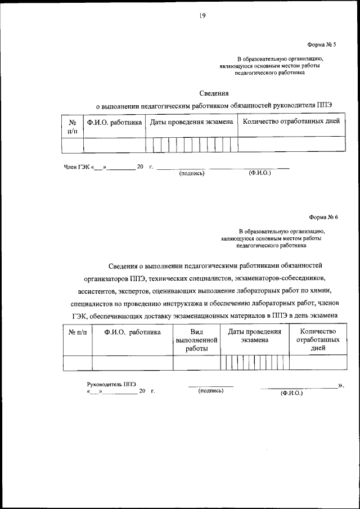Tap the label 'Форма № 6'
[x=322, y=217]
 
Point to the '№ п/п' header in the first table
[x=72, y=126]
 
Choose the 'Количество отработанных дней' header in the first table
[x=291, y=121]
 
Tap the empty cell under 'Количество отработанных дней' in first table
[x=291, y=145]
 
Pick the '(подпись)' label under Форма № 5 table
[x=191, y=174]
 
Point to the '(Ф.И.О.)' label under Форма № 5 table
[x=259, y=174]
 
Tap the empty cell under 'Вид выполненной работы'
[x=196, y=363]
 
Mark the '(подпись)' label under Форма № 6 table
[x=211, y=390]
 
